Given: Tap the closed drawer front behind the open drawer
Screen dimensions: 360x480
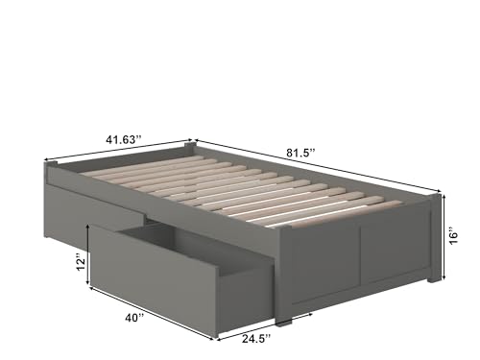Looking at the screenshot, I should pyautogui.click(x=96, y=209).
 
